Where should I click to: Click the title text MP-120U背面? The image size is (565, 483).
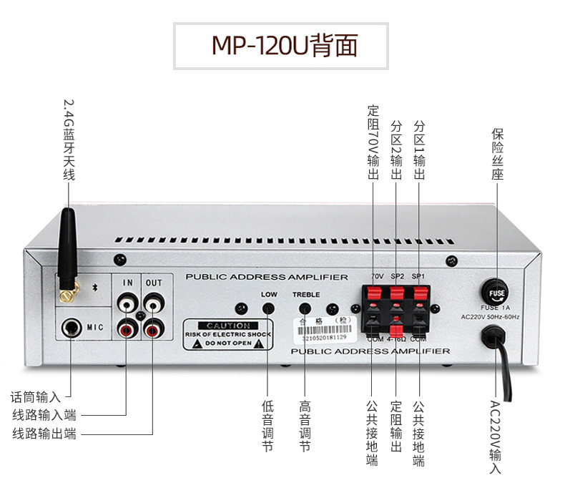click(x=282, y=45)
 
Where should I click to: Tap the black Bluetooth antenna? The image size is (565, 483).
click(x=69, y=250)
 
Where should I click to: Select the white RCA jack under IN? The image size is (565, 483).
click(x=127, y=306)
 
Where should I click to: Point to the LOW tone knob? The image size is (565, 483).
click(x=268, y=308)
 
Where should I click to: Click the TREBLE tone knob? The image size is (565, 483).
click(x=305, y=308)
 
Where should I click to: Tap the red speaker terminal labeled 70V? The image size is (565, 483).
click(x=373, y=294)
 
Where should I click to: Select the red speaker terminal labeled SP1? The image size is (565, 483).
click(x=419, y=294)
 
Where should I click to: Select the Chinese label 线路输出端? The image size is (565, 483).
click(x=44, y=433)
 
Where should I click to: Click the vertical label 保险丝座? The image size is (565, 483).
click(x=498, y=154)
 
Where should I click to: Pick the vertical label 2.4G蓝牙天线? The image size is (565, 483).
click(x=69, y=140)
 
